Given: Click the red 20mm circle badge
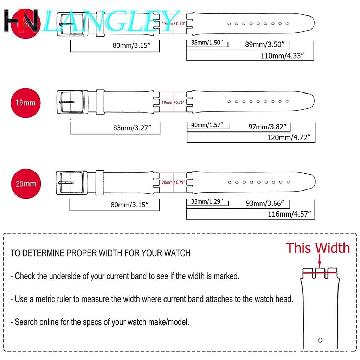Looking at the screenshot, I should [x=25, y=184].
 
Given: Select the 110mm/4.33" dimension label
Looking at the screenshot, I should [x=282, y=56].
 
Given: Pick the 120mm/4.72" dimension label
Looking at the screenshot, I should [x=290, y=137].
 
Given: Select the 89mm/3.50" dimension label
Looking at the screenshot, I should [x=267, y=45].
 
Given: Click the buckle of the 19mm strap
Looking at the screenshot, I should [x=71, y=102].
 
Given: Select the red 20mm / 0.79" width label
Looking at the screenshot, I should [x=173, y=182].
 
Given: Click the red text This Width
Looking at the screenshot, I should [x=317, y=248].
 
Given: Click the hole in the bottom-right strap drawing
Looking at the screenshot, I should [x=320, y=340].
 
